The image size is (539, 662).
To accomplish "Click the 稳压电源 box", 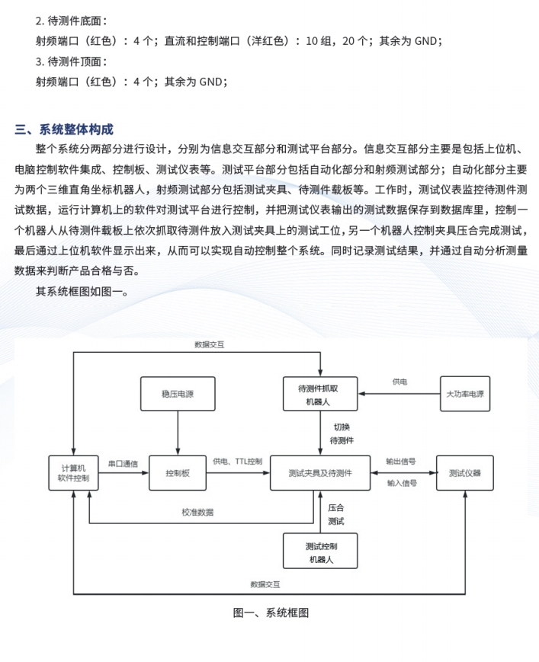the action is point(178,394).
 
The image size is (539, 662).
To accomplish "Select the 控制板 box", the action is point(178,473).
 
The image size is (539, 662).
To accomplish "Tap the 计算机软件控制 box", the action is point(73,473).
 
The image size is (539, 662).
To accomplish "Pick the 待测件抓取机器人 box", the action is point(320,394).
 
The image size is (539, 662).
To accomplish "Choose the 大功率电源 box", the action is point(465,394).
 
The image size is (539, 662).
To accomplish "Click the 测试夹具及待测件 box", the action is point(320,473).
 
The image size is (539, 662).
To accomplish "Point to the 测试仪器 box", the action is point(464,473).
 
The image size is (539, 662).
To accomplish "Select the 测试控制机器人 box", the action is point(320,551).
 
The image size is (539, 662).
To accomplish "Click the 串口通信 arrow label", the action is point(123,464).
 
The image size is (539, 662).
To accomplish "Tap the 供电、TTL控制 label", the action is point(237,462).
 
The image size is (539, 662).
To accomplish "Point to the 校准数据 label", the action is point(197,512).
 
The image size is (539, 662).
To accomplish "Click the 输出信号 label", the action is point(401,462).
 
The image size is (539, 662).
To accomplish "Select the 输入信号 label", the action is point(402,483).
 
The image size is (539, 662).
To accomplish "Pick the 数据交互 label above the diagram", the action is point(210,344).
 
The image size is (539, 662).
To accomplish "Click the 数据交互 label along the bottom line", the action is point(265,584).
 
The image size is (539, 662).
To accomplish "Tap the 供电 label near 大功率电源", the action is point(399,382).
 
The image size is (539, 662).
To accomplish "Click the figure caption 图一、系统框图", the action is point(271,612).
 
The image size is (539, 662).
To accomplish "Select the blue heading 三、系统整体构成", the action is point(64,130).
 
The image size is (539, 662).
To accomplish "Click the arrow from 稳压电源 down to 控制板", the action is point(178,433).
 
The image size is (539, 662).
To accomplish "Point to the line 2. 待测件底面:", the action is point(72,21).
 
